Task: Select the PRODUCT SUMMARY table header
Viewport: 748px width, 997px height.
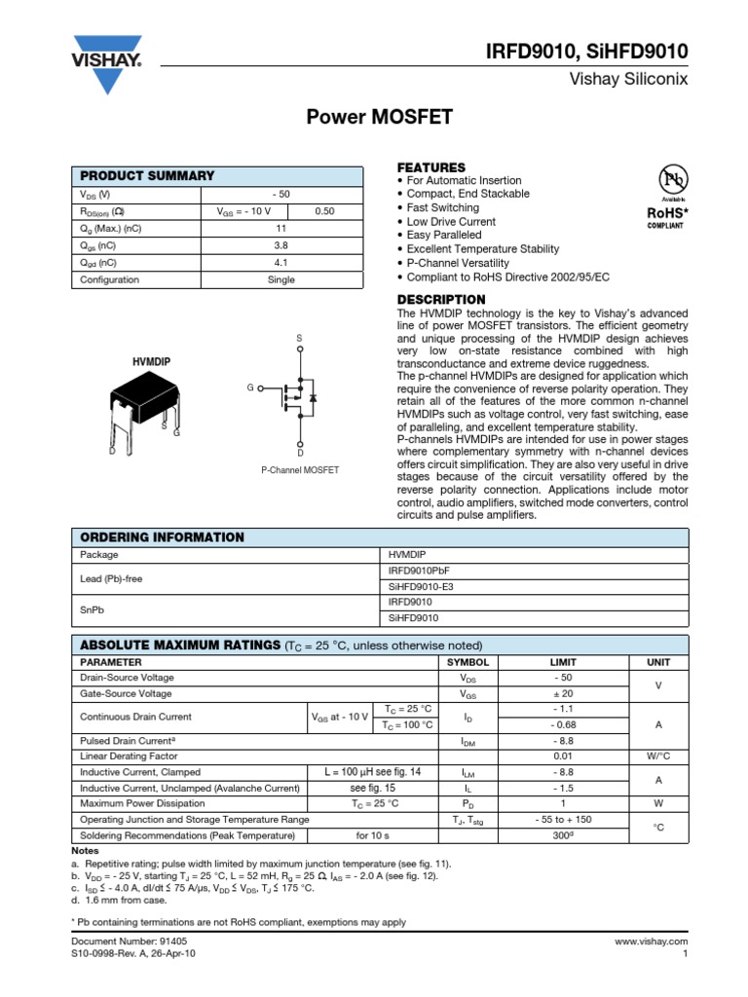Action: (146, 175)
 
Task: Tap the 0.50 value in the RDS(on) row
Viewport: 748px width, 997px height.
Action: (324, 211)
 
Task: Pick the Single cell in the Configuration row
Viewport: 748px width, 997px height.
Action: (280, 280)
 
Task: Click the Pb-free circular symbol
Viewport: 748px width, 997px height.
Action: (672, 181)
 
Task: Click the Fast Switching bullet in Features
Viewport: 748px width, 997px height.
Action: (442, 207)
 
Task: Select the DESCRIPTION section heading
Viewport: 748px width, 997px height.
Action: (441, 299)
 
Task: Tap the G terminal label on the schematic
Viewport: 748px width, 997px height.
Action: (250, 388)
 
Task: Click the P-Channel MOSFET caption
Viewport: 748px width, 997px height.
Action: (300, 470)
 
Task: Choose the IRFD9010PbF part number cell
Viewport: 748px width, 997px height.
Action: (420, 571)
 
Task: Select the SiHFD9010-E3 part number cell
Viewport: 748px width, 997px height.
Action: (421, 586)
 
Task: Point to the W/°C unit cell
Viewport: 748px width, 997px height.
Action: (652, 755)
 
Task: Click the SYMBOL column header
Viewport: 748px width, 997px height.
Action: (467, 661)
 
